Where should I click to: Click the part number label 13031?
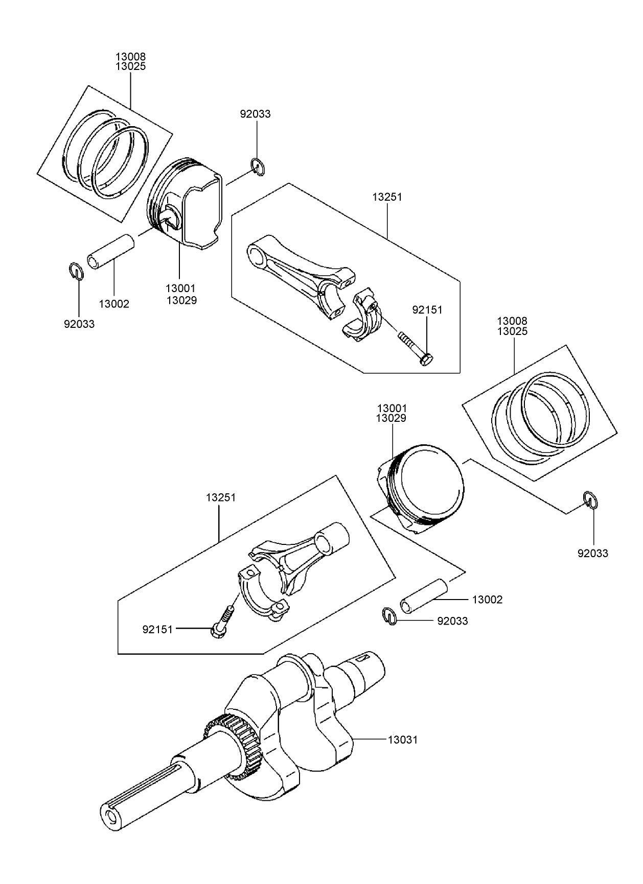[402, 739]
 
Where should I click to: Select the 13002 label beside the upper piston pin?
[114, 304]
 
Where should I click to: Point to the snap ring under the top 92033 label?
[258, 168]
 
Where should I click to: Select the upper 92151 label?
[427, 310]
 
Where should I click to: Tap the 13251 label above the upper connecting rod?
[387, 197]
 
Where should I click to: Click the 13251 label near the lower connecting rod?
[221, 497]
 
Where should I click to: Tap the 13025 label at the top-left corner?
[130, 66]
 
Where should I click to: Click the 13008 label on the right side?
[512, 321]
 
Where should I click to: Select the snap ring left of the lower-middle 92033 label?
[390, 616]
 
